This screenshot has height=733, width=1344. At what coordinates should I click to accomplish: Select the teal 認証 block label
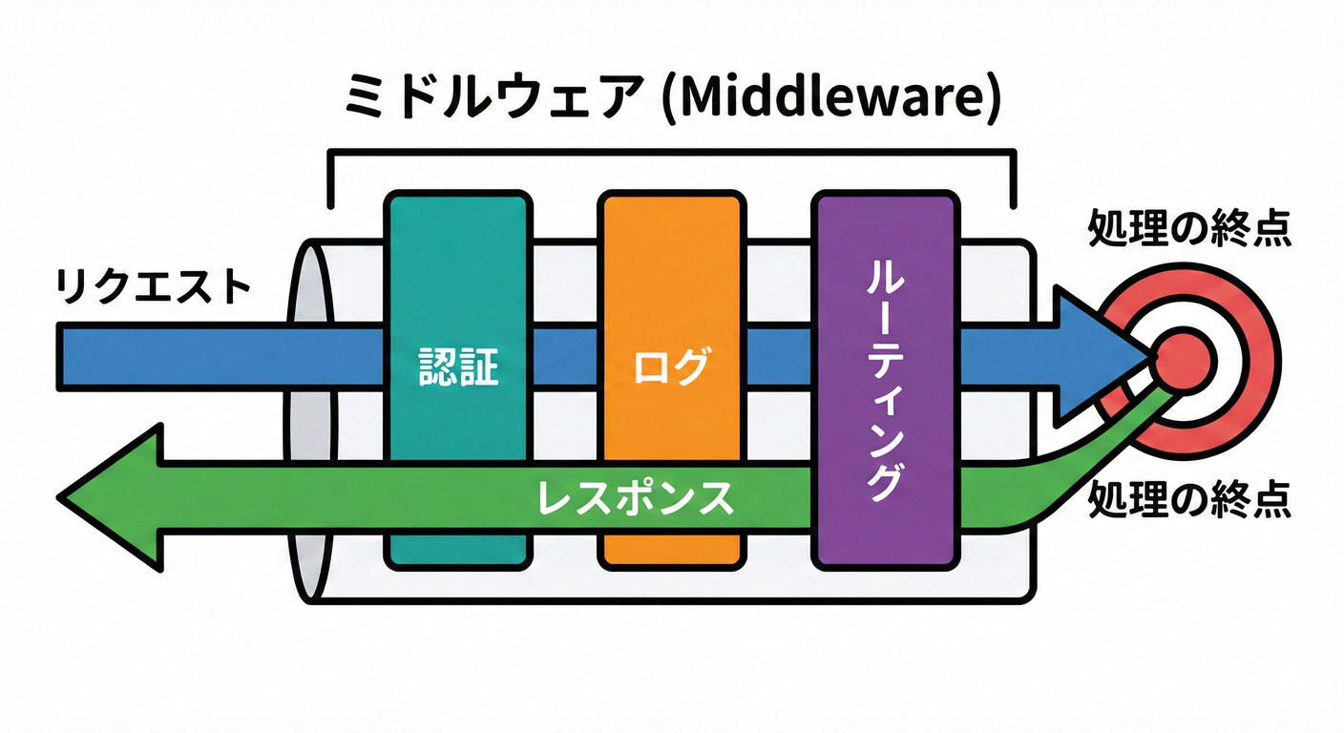(458, 367)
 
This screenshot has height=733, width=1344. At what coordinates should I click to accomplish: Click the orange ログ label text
(671, 367)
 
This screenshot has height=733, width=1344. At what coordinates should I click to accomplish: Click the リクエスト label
(153, 287)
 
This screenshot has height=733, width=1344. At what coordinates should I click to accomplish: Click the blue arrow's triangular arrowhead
(1098, 356)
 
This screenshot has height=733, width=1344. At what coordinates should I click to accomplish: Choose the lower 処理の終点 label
(1190, 497)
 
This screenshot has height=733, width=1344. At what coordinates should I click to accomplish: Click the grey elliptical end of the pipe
(309, 420)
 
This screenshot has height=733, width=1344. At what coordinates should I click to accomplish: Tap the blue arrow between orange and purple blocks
(777, 356)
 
